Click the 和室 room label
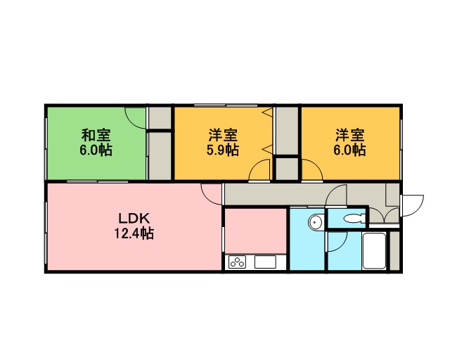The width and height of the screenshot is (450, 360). click(x=96, y=135)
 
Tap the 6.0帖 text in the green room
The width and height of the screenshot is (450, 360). click(x=96, y=150)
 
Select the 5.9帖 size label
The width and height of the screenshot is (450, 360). click(x=223, y=150)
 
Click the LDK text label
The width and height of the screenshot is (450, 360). click(x=134, y=219)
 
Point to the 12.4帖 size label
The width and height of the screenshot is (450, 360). click(x=134, y=233)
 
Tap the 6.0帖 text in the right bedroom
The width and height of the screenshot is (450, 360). click(x=349, y=150)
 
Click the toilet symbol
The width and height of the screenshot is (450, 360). click(x=354, y=219)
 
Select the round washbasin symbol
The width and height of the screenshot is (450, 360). click(x=316, y=222)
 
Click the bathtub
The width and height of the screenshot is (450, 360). click(x=374, y=250)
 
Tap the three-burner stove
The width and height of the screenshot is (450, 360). click(x=238, y=262)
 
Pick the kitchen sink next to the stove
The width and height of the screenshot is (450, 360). click(x=266, y=262)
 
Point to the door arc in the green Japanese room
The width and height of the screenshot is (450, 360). click(x=135, y=119)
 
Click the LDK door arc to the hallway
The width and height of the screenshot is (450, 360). click(x=211, y=194)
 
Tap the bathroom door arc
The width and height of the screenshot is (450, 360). click(x=337, y=242)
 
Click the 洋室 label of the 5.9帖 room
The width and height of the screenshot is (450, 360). click(x=223, y=135)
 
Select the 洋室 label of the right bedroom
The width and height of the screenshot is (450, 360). click(x=349, y=135)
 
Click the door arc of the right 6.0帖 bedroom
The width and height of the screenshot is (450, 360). click(x=312, y=170)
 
